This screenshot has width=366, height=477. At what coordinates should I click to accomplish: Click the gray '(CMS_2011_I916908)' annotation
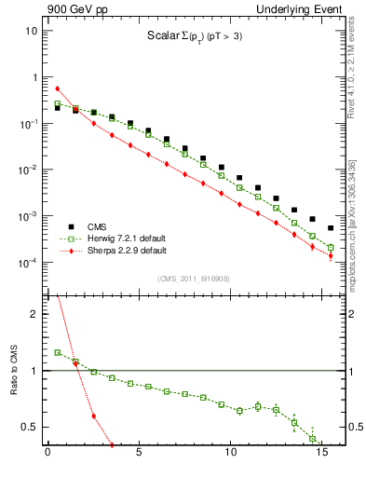[x=194, y=279]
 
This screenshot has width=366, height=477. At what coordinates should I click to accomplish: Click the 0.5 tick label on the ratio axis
[x=30, y=427]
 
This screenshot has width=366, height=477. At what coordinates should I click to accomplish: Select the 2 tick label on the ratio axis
[x=34, y=315]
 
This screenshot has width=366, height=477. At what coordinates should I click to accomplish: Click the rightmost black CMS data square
[x=331, y=227]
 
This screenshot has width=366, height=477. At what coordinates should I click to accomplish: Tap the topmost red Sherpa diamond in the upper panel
[x=58, y=89]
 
